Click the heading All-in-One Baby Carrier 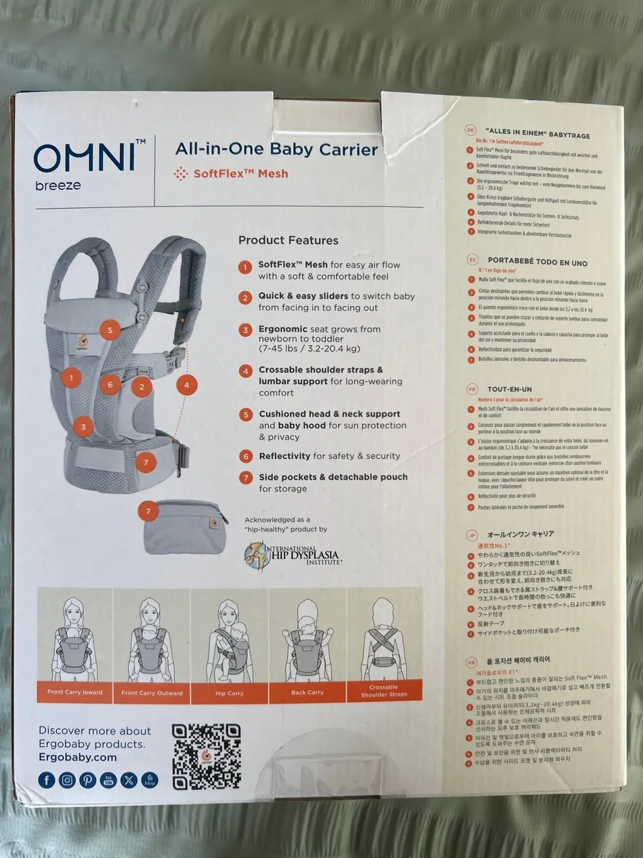pos(276,149)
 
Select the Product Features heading pos(288,240)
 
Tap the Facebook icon pos(46,780)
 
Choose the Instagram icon pos(67,780)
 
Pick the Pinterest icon pos(88,780)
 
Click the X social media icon pos(129,780)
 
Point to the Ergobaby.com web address pos(77,756)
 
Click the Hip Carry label pos(230,693)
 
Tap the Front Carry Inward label pos(75,692)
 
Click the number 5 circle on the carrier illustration pos(110,330)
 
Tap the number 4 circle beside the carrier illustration pos(186,385)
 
